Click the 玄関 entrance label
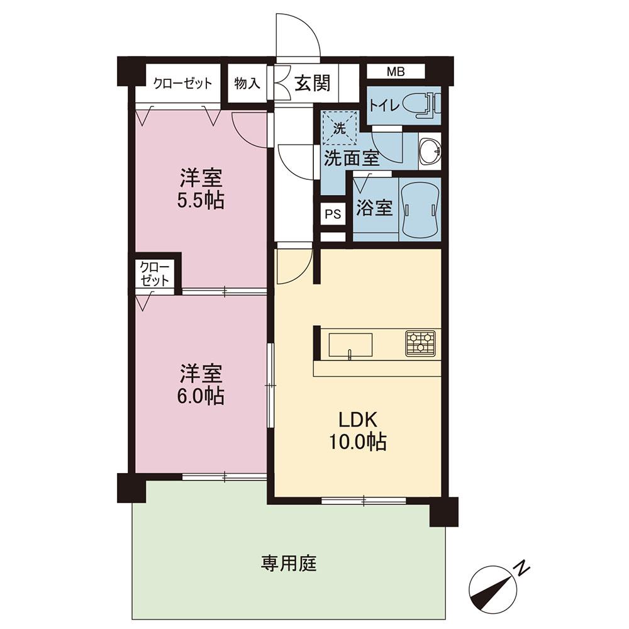[x=313, y=82]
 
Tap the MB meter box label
[x=395, y=71]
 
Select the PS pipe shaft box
[x=333, y=214]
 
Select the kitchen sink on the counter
[x=350, y=345]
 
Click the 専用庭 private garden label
[x=289, y=562]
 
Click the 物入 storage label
[x=247, y=83]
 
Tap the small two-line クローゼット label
[x=155, y=274]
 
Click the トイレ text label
[x=383, y=105]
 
